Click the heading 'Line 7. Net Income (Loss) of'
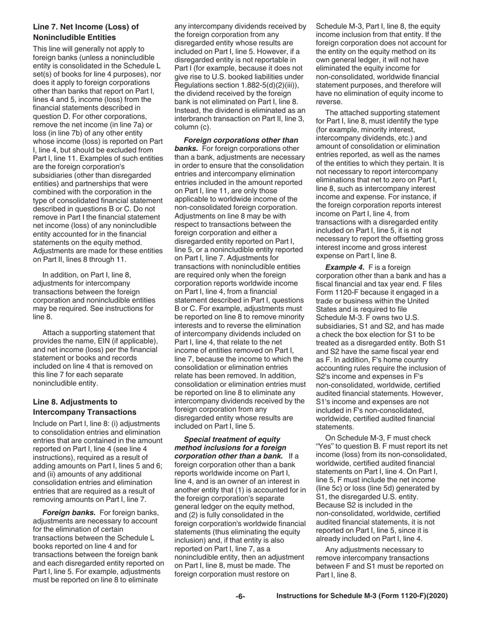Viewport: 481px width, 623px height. [x=85, y=27]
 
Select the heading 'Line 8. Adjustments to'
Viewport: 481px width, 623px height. [x=75, y=402]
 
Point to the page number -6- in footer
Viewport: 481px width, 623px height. [x=240, y=596]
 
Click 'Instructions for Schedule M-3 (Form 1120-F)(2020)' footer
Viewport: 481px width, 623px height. [x=362, y=596]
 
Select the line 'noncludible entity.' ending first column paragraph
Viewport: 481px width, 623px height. [x=65, y=383]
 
